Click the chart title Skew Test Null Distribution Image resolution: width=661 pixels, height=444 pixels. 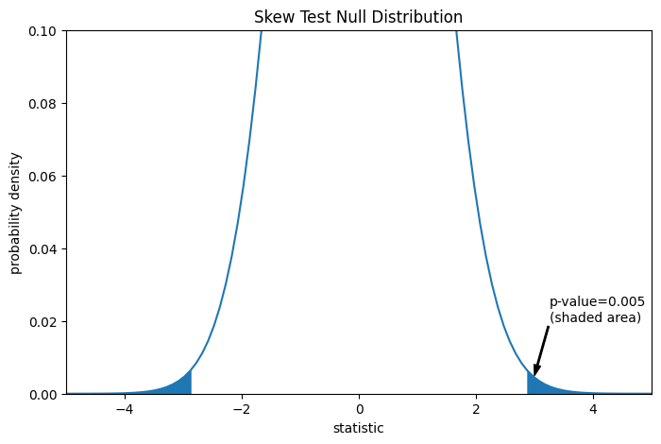click(x=358, y=17)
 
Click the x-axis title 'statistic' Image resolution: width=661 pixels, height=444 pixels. click(x=358, y=428)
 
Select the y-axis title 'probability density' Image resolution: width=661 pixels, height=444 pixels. click(x=16, y=213)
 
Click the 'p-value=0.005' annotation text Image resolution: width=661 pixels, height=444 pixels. click(x=597, y=302)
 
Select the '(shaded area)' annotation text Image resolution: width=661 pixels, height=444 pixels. click(x=595, y=318)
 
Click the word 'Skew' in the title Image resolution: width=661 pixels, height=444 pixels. click(x=273, y=17)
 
